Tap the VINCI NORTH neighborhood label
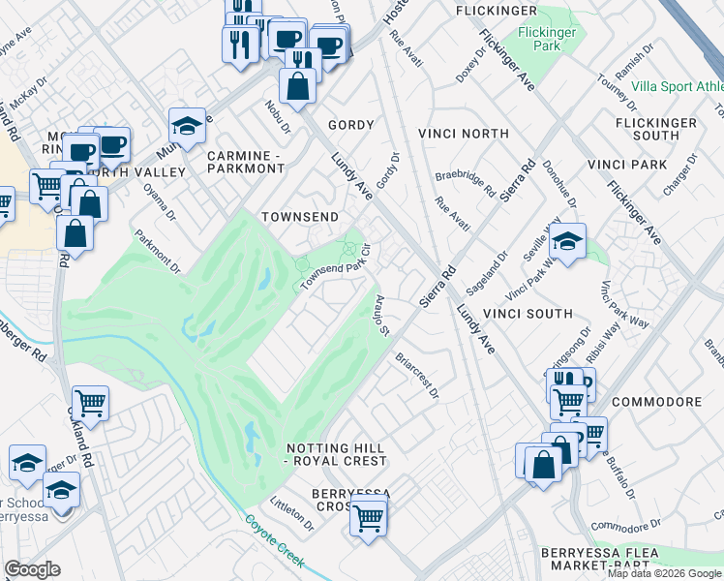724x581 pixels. click(463, 133)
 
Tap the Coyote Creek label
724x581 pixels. click(275, 541)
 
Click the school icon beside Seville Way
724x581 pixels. click(568, 243)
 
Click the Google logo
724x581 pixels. click(32, 569)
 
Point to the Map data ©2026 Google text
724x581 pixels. click(664, 573)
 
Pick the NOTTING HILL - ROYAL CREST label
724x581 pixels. click(336, 454)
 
